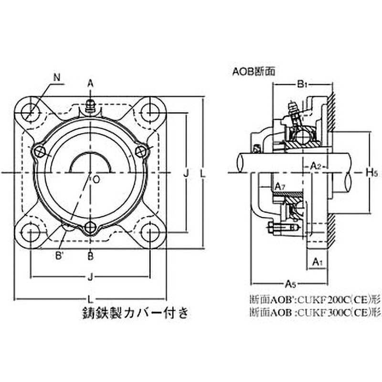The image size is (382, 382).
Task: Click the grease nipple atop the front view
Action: click(90, 106)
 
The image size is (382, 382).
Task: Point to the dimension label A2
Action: click(316, 166)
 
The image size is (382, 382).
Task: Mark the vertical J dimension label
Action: click(186, 172)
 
